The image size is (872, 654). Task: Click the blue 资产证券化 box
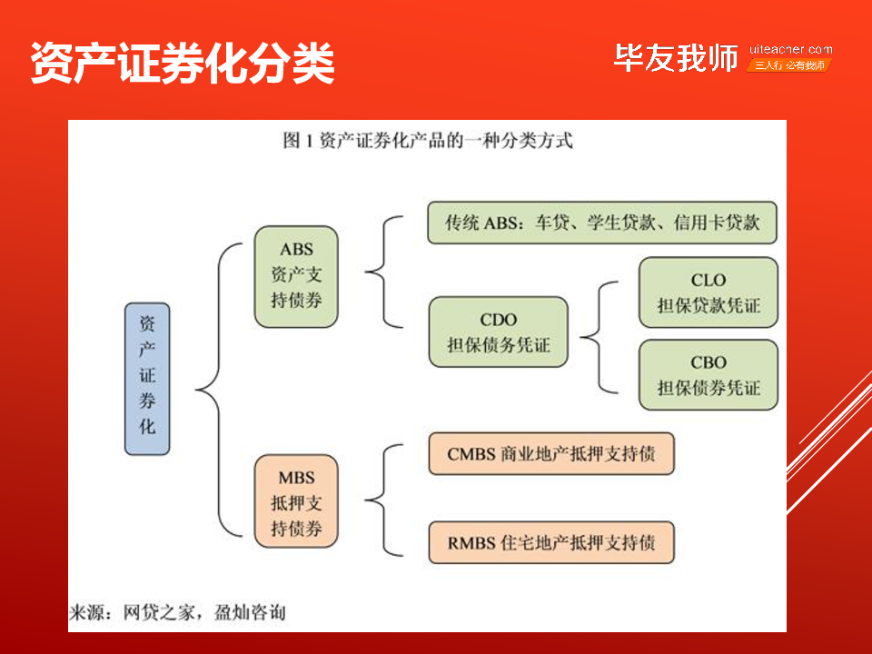147,379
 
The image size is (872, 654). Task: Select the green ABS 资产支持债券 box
296,276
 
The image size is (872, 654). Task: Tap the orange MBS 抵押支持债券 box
296,501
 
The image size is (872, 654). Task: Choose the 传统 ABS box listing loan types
601,223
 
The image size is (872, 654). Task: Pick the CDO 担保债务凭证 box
499,332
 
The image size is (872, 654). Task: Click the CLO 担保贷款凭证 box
708,292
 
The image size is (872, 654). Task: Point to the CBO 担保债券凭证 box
708,375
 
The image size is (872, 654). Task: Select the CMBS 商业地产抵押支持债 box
551,454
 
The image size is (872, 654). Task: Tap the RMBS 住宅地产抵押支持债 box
551,542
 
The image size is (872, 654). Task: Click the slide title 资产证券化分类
183,63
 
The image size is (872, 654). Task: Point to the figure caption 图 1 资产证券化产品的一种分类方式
428,140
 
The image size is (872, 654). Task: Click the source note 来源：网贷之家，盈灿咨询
177,612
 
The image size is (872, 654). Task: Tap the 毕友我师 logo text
676,58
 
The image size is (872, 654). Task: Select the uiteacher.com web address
790,49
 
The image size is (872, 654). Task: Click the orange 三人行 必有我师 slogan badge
789,65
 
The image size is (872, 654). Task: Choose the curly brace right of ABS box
383,272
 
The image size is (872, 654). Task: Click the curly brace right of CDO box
599,338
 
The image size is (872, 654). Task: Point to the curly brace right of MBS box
383,500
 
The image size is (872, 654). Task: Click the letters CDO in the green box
499,320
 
